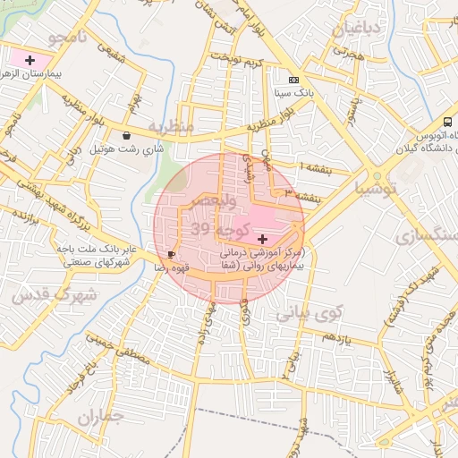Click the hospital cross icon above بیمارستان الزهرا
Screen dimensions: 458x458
point(30,59)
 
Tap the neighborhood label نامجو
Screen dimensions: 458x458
point(69,37)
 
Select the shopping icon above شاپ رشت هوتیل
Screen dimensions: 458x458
point(128,136)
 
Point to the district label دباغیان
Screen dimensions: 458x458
point(359,30)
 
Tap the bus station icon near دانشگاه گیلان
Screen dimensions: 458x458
point(447,122)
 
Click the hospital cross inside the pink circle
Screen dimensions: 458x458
point(262,238)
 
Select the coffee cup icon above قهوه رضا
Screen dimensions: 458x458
point(171,255)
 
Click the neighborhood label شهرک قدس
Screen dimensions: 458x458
point(38,294)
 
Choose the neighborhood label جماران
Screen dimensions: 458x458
point(101,418)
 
